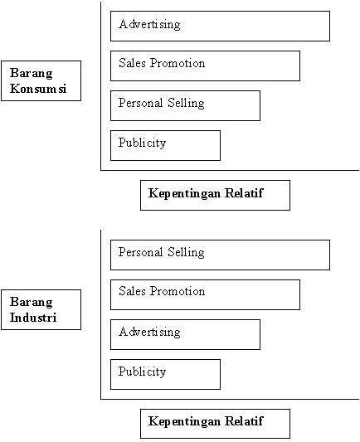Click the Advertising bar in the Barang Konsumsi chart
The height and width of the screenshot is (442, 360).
(220, 27)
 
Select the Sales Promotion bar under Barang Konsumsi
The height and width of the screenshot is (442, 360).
(205, 66)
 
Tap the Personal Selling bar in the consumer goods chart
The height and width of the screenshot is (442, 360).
(185, 105)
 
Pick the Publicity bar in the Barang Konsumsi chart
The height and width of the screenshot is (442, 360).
(165, 145)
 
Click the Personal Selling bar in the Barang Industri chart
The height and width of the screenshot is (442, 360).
(220, 255)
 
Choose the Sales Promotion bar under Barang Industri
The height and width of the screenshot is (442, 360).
(205, 295)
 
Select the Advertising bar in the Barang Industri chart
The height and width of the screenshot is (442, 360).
(185, 334)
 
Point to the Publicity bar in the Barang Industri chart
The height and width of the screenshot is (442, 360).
(165, 374)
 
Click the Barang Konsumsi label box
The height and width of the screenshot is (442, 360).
(41, 81)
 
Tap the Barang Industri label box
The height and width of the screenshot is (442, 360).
(41, 310)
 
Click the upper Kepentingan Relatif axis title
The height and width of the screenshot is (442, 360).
(215, 196)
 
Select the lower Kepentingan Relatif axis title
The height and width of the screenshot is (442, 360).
(215, 424)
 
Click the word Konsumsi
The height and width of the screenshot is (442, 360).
(38, 89)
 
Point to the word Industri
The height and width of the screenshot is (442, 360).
(33, 318)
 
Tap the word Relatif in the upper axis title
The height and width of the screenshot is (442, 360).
(244, 193)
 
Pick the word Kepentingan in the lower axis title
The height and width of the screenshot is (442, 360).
(184, 422)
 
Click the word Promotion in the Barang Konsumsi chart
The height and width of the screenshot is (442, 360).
(178, 63)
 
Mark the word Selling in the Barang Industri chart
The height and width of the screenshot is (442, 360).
(186, 253)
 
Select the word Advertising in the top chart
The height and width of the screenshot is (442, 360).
(149, 24)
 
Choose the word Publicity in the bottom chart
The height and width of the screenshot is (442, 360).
(142, 372)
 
